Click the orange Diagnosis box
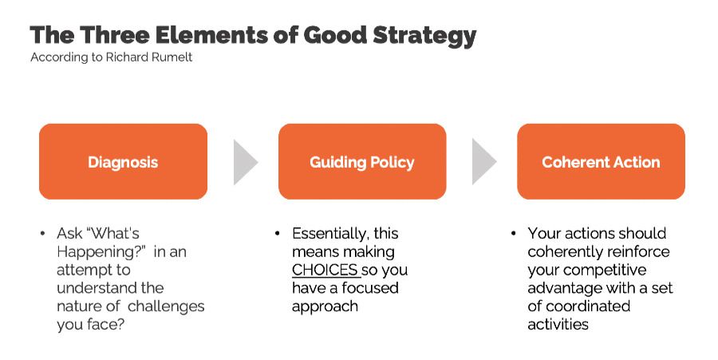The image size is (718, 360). (x=123, y=161)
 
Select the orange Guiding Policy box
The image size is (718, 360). (x=361, y=161)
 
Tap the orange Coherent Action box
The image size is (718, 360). (x=601, y=161)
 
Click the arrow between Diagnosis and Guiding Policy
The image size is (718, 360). (x=244, y=162)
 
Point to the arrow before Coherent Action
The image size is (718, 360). (x=483, y=162)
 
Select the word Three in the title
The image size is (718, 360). (x=116, y=36)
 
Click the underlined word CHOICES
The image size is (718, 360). (x=324, y=270)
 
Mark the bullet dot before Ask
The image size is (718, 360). (x=42, y=235)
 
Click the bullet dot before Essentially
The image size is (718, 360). (x=277, y=235)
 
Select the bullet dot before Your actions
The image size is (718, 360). (x=513, y=235)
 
